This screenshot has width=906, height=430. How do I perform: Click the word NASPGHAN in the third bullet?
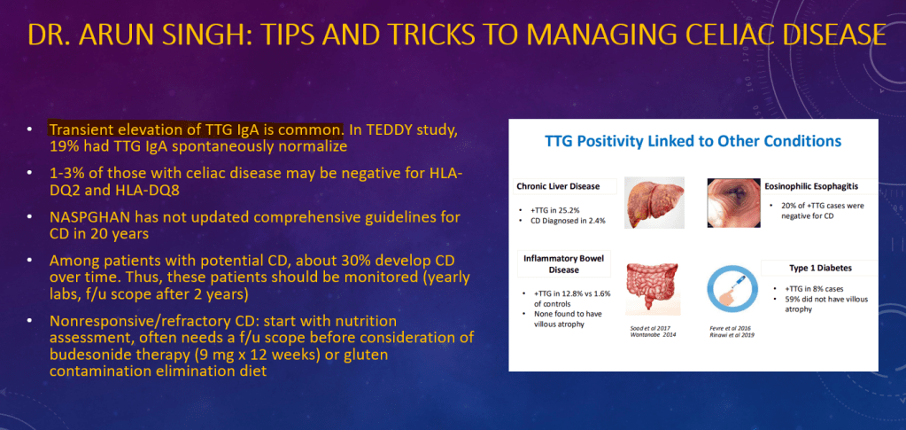coord(91,218)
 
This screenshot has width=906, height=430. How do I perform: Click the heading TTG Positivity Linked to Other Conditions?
coord(693,141)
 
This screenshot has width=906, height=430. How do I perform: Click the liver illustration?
coord(654,203)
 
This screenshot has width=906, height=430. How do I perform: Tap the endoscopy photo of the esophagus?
coord(733,203)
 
